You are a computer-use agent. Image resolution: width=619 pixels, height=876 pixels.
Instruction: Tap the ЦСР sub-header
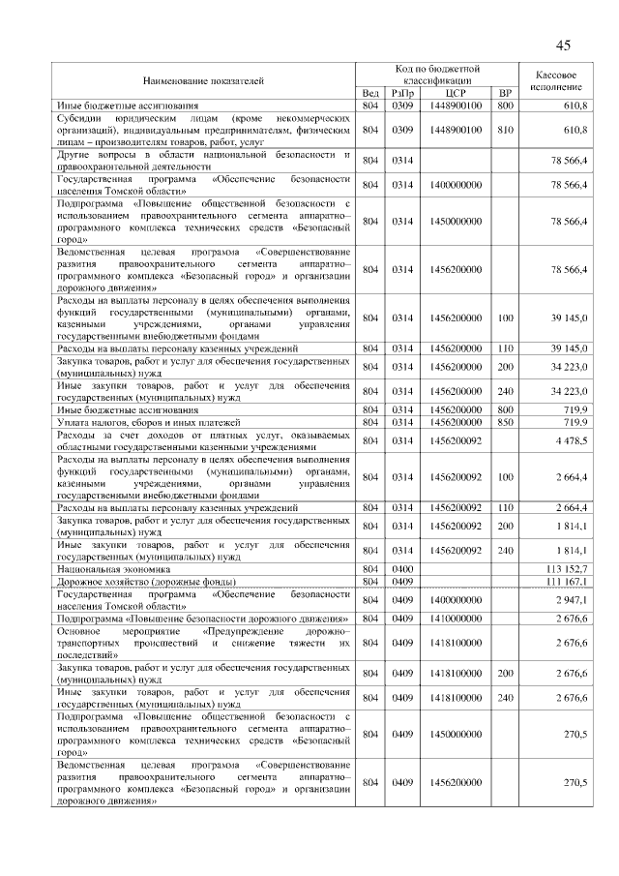457,93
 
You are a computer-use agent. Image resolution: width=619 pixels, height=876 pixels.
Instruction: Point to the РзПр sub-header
402,93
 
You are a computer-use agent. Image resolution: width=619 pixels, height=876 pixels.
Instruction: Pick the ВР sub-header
504,93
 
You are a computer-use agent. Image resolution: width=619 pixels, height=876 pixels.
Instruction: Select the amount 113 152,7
568,568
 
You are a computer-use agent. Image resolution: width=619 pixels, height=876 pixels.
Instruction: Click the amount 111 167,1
568,581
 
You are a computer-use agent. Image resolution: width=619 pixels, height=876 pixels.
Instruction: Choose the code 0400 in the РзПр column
402,568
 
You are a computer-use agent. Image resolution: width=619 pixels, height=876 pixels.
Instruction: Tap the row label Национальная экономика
103,568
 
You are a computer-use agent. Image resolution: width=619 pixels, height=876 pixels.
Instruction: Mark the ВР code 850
504,423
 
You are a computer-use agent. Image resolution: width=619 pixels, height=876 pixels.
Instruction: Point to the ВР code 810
504,129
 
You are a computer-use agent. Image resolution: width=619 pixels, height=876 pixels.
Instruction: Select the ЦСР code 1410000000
457,618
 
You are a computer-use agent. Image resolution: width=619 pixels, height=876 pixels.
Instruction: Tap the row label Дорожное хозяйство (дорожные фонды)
135,581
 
